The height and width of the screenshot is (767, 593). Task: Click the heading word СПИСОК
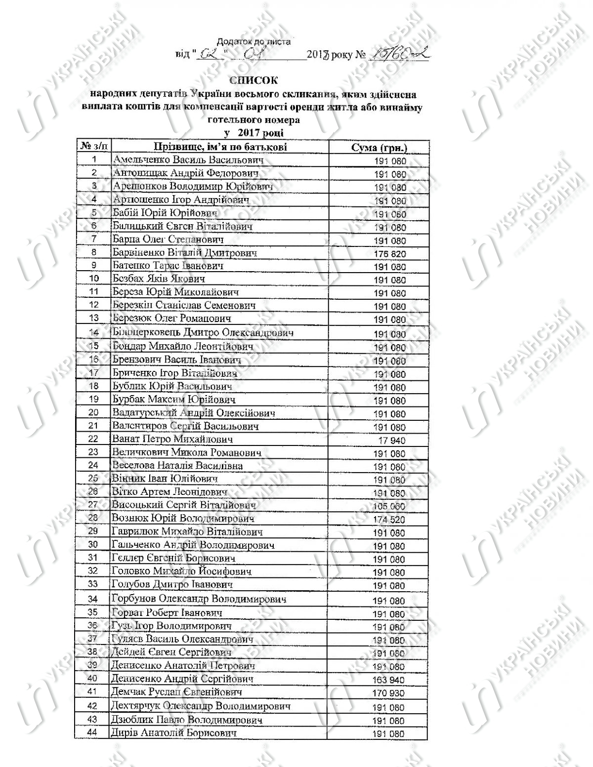point(254,80)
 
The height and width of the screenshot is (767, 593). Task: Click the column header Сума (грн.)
point(379,148)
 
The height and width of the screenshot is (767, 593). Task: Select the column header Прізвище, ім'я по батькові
point(220,147)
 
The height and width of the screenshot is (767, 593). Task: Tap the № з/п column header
point(93,147)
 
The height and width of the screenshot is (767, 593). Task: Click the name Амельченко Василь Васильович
point(188,160)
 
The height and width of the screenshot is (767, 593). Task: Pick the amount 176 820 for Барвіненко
point(390,254)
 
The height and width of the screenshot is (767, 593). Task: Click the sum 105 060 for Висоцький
point(389,507)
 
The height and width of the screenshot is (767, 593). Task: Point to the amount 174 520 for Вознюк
point(389,520)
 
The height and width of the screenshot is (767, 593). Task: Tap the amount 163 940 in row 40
point(389,680)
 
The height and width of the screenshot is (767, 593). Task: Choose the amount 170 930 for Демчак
point(389,693)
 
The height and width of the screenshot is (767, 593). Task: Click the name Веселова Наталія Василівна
point(177,465)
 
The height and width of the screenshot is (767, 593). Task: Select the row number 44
point(92,732)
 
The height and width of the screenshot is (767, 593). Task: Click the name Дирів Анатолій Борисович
point(174,733)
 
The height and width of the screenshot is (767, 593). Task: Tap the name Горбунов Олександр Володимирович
point(199,599)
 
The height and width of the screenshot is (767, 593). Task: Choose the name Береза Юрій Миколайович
point(172,292)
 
